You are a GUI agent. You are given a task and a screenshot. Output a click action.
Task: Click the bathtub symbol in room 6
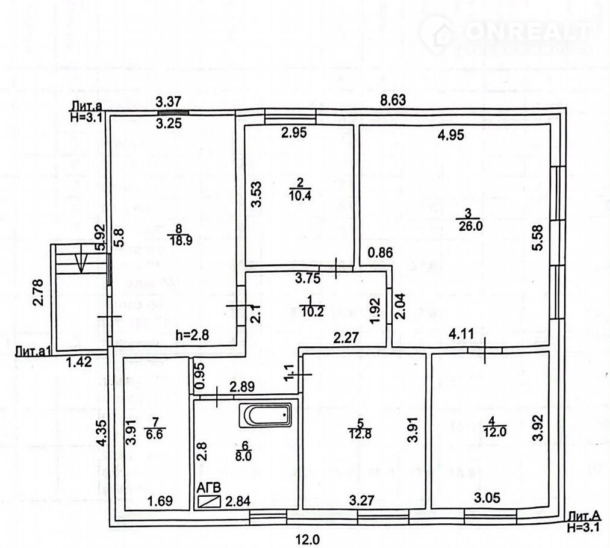[x=266, y=415]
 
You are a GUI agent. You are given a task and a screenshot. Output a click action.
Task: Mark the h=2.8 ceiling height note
[x=193, y=335]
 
